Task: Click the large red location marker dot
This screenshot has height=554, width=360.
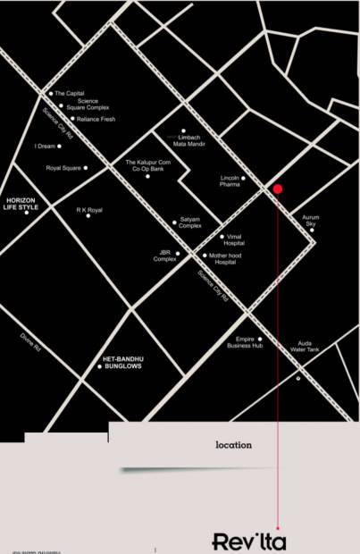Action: [x=278, y=189]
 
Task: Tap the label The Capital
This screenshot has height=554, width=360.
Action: [x=69, y=93]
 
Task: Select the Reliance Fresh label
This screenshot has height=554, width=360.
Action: [x=96, y=119]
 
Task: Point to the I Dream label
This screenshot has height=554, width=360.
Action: [x=45, y=146]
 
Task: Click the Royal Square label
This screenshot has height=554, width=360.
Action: [x=63, y=167]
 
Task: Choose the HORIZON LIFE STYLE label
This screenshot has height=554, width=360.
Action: [x=22, y=203]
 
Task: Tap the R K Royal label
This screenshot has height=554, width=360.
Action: [x=89, y=210]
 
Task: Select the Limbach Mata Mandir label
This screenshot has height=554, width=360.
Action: [x=191, y=139]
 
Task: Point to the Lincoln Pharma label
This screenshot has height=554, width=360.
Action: [x=230, y=181]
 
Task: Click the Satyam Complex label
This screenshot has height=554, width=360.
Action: [x=189, y=224]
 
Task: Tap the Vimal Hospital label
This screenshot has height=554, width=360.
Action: [x=234, y=239]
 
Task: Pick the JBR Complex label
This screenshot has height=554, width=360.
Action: [x=164, y=256]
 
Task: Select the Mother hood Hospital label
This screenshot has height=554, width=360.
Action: [x=222, y=259]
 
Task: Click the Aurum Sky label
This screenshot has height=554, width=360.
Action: [x=310, y=220]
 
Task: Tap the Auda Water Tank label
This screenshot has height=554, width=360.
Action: [x=304, y=346]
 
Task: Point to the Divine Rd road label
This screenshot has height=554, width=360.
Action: [x=31, y=341]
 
